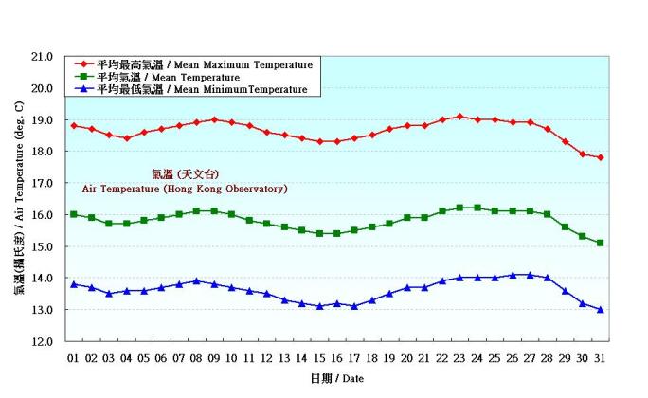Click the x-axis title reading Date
(338, 378)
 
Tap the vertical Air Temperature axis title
(19, 199)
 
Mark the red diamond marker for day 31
(600, 157)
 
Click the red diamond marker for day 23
(459, 117)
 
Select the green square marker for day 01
(73, 214)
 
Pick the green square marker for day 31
(600, 243)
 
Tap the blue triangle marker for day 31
(600, 310)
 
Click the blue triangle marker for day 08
(196, 280)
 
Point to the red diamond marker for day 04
(126, 138)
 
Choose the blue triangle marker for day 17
(354, 306)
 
